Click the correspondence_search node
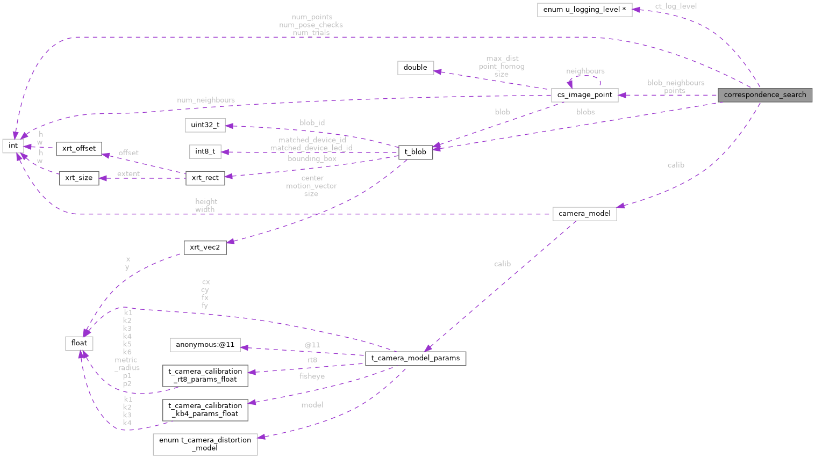pyautogui.click(x=764, y=95)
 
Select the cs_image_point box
pyautogui.click(x=584, y=95)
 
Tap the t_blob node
pyautogui.click(x=415, y=152)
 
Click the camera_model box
pyautogui.click(x=584, y=214)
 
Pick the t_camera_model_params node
pyautogui.click(x=415, y=358)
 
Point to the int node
pyautogui.click(x=13, y=146)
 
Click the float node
pyautogui.click(x=79, y=343)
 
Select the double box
pyautogui.click(x=415, y=68)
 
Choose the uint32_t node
pyautogui.click(x=205, y=125)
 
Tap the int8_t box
pyautogui.click(x=205, y=151)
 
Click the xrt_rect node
pyautogui.click(x=205, y=178)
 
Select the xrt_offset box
pyautogui.click(x=79, y=149)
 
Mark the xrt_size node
pyautogui.click(x=79, y=178)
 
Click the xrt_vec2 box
pyautogui.click(x=205, y=248)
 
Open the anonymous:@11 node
pyautogui.click(x=205, y=345)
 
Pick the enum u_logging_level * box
pyautogui.click(x=584, y=10)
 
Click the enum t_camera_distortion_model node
pyautogui.click(x=205, y=444)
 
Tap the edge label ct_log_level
pyautogui.click(x=676, y=6)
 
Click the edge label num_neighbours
pyautogui.click(x=206, y=100)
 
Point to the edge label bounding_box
pyautogui.click(x=312, y=159)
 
